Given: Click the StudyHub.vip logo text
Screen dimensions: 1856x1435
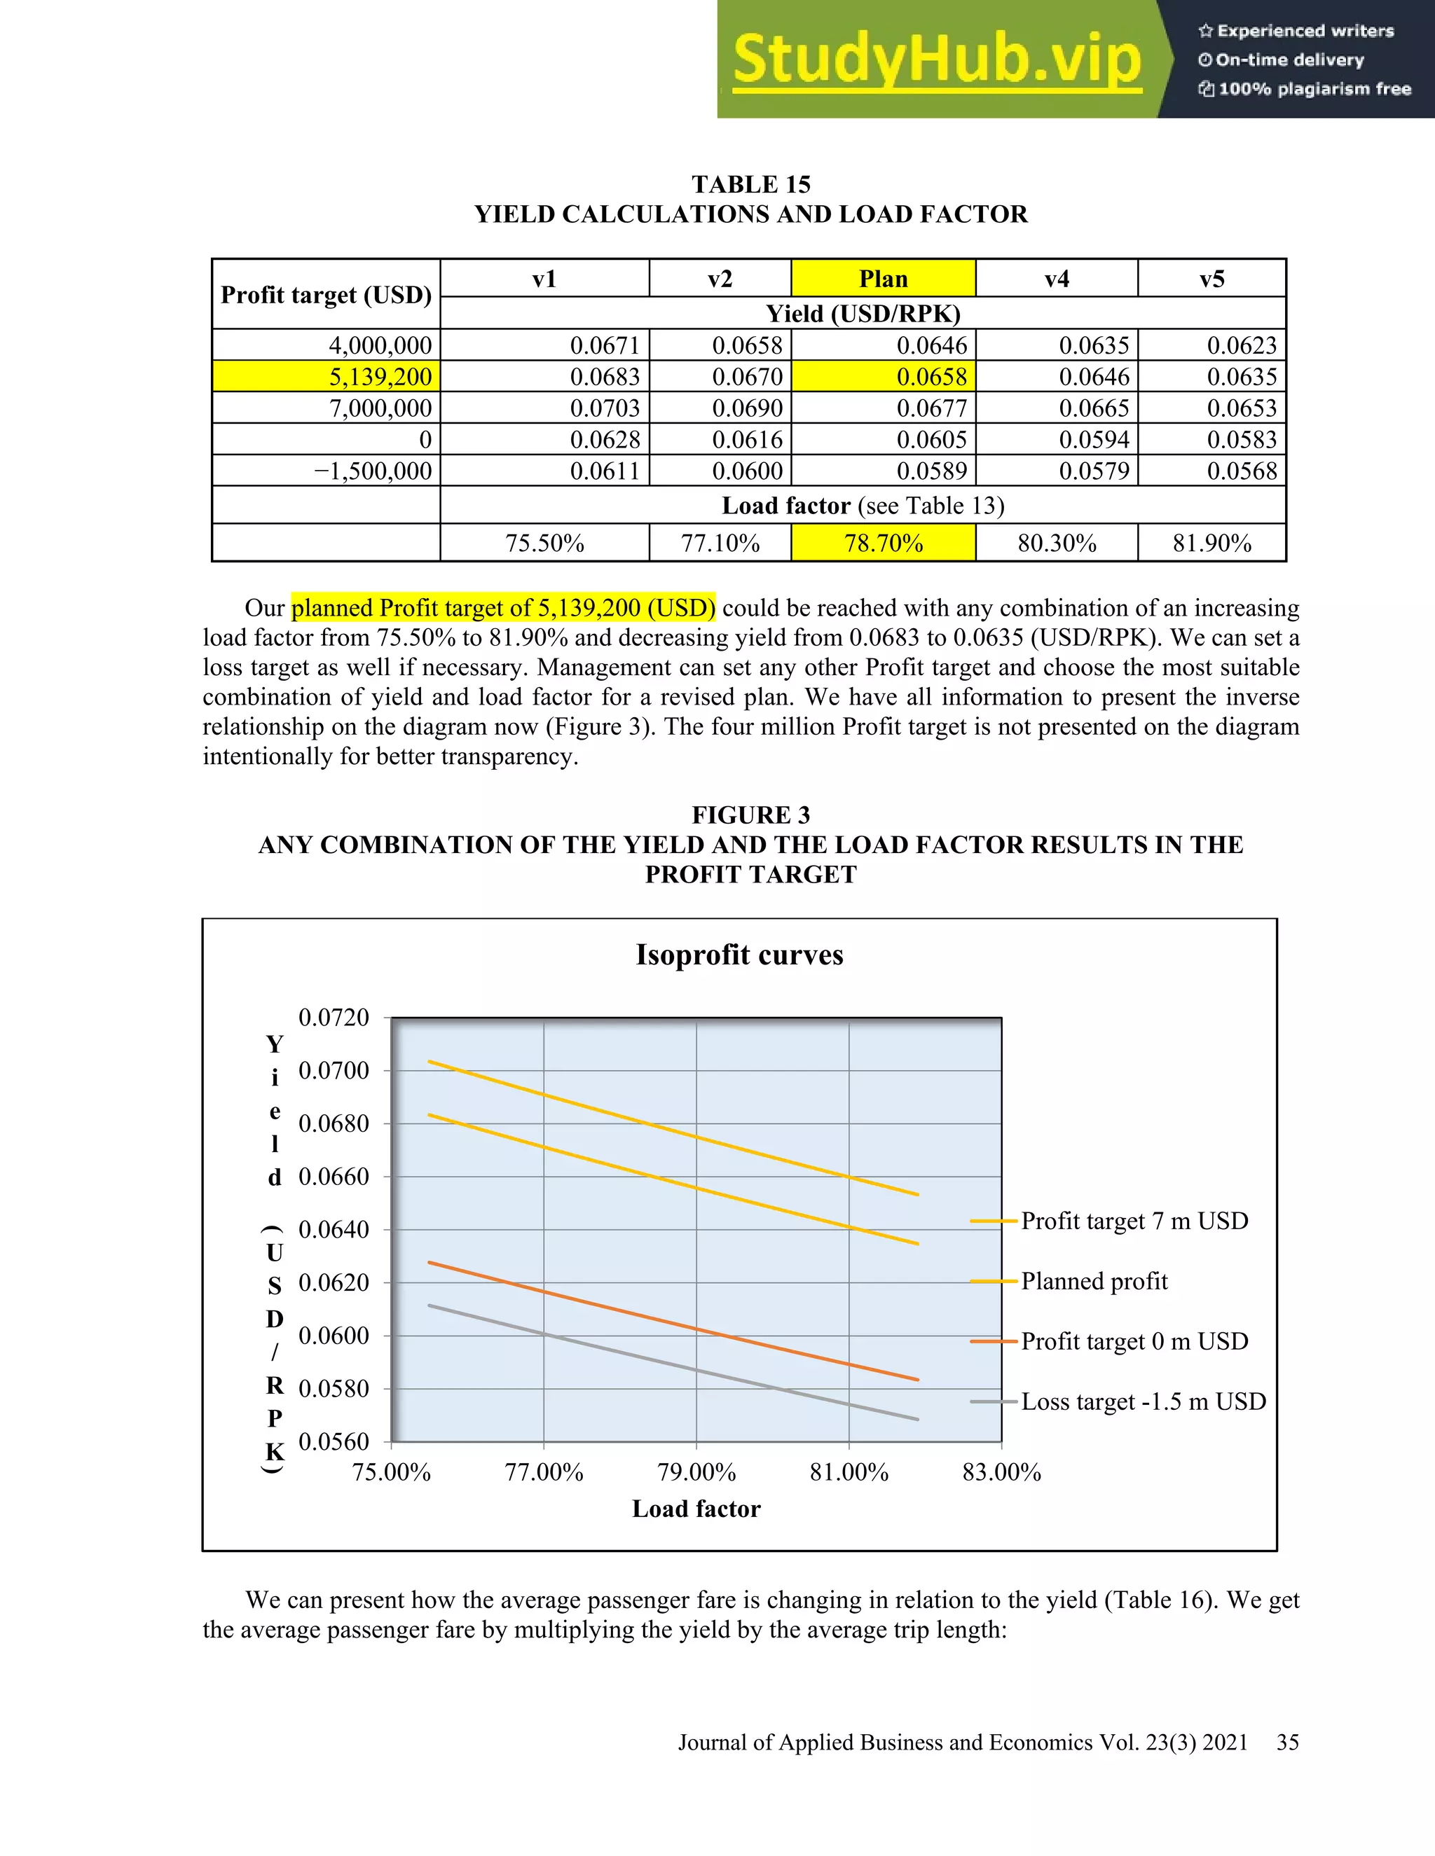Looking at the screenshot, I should (x=937, y=60).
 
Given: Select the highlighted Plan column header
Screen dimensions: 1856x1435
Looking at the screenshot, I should (x=884, y=279).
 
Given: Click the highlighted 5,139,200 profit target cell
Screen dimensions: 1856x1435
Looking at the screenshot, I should (x=327, y=377).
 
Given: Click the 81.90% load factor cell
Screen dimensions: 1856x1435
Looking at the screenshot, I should (x=1211, y=543).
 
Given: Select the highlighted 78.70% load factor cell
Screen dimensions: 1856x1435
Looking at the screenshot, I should (x=884, y=543).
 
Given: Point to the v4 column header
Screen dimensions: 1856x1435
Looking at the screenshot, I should (x=1057, y=279).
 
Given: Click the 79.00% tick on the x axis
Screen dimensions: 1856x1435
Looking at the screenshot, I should (x=696, y=1472).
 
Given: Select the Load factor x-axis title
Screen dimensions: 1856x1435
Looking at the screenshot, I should (x=696, y=1509).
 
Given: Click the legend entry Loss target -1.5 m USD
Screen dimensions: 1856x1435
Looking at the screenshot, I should (x=1144, y=1401).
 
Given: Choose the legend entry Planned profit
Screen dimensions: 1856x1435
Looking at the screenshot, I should (x=1094, y=1281).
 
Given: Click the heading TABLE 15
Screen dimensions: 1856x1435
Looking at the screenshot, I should (x=750, y=184).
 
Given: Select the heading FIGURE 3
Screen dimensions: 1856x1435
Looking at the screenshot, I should (x=750, y=815).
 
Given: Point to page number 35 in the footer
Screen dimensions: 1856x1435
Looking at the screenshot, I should (x=1287, y=1742).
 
